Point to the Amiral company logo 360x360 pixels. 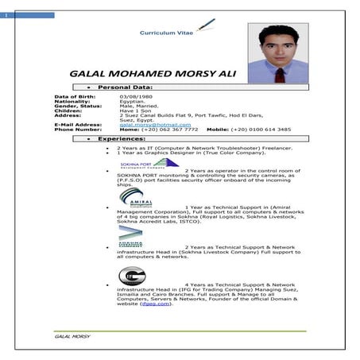pos(131,196)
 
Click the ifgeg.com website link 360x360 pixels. pos(156,304)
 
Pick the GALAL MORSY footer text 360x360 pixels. pos(72,336)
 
